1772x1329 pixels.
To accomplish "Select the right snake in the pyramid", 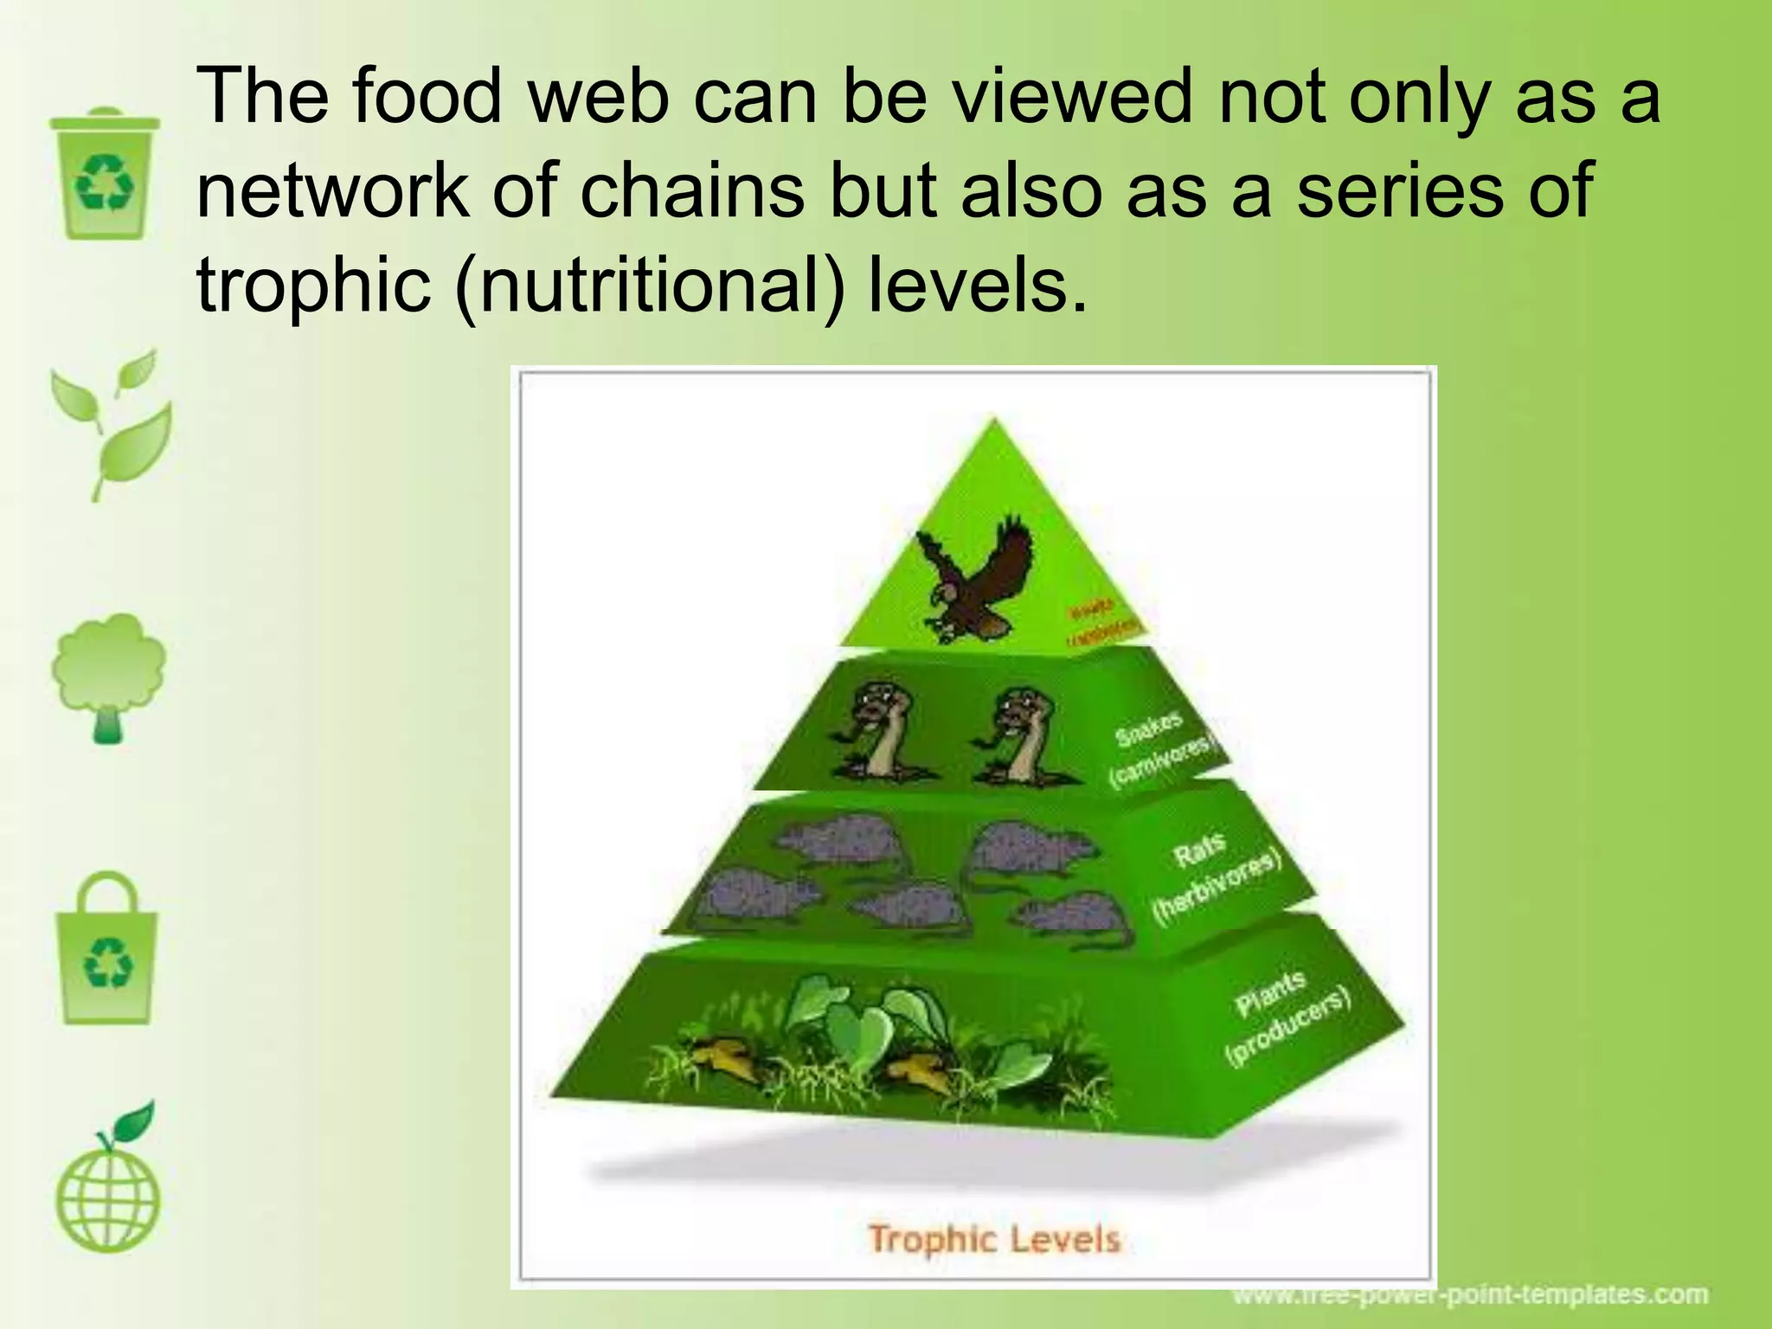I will tap(1021, 735).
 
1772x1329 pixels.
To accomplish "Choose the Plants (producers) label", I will tap(1284, 1018).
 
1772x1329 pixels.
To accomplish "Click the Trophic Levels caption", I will tap(993, 1239).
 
